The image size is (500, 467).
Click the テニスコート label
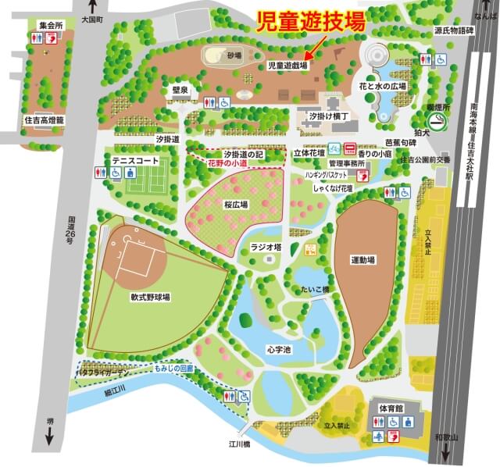tap(135, 160)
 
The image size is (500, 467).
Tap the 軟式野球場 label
tap(150, 298)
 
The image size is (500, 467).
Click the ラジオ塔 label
tap(265, 248)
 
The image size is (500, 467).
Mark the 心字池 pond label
tap(278, 349)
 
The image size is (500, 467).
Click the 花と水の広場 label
tap(384, 85)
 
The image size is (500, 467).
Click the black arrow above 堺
tap(49, 436)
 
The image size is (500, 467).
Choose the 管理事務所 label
tap(348, 164)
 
